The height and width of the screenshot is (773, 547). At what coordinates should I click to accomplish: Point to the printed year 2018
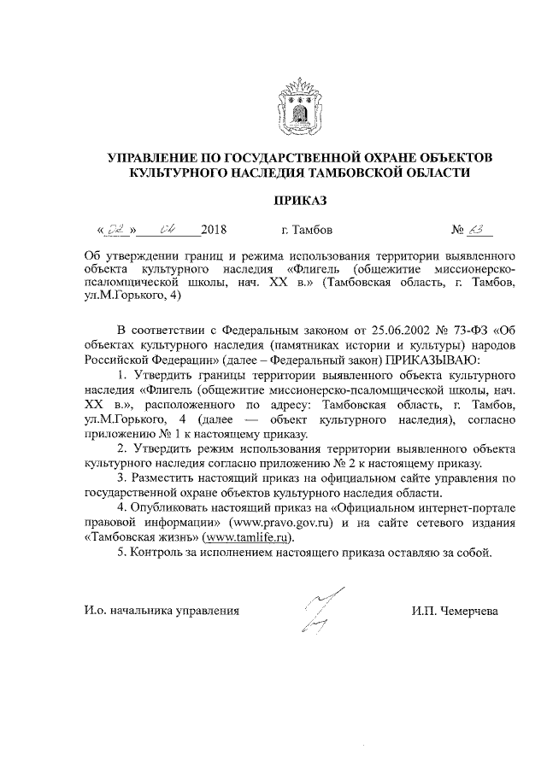pos(214,230)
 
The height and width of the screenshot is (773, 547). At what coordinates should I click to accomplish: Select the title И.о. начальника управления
pos(162,611)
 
